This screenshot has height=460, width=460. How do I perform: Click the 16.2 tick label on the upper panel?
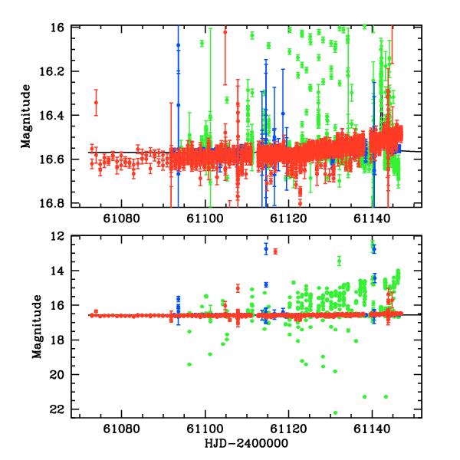57,71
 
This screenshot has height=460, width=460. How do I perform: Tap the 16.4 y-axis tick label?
57,115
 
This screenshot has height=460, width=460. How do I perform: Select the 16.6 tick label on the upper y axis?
57,159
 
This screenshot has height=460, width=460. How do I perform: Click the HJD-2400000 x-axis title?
246,444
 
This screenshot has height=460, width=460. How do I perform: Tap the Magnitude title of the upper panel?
26,115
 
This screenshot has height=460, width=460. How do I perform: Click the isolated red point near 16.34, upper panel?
96,103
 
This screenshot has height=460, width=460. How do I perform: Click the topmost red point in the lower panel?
275,251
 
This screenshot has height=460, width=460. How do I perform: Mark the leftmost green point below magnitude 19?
189,364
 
